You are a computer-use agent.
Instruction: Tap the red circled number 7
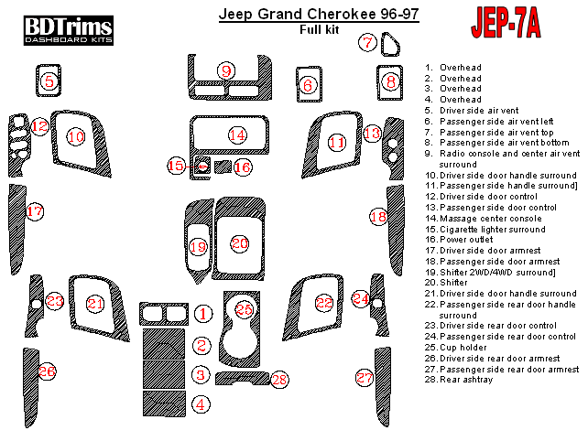tap(367, 42)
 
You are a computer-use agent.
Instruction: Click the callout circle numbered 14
tap(238, 135)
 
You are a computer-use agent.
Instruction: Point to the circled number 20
tap(239, 243)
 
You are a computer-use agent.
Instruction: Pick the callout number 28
tap(279, 379)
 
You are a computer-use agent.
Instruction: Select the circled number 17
tap(35, 212)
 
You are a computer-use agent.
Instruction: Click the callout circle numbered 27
tap(365, 378)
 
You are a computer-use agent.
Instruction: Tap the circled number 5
tap(49, 82)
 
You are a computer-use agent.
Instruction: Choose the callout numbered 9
tap(226, 70)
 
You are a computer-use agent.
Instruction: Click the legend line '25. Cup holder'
tap(464, 348)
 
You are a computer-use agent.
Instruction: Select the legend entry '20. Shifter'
tap(454, 283)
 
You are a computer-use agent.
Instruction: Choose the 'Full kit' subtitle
tap(318, 31)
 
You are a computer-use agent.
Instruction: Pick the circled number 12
tap(38, 127)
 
